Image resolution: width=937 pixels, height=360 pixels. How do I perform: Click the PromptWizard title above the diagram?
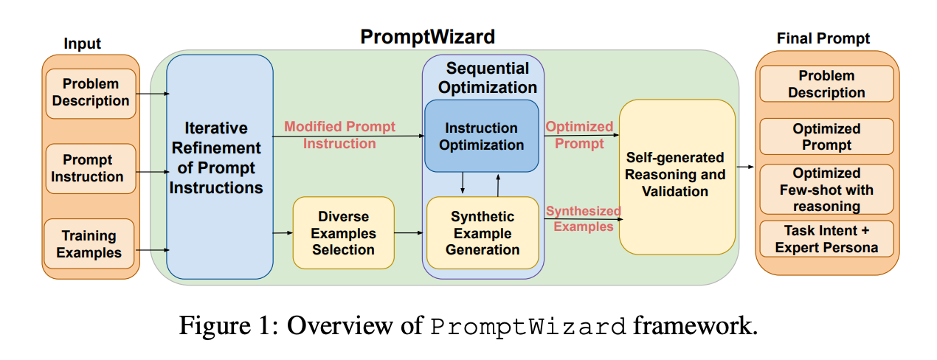click(427, 37)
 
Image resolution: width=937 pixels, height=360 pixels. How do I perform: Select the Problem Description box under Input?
click(91, 93)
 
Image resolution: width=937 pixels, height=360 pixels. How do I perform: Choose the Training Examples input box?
click(90, 244)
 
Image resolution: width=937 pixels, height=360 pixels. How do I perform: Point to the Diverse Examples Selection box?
click(343, 233)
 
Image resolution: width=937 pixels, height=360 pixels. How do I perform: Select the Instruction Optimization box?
click(481, 136)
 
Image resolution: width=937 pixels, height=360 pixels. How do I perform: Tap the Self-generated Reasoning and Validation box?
click(676, 175)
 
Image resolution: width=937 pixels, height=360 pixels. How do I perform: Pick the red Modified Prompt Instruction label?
click(339, 135)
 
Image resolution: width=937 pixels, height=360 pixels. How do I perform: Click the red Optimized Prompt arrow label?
click(579, 135)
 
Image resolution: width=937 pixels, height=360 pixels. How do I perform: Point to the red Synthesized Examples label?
click(583, 219)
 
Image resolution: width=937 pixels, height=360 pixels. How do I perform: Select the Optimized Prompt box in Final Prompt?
click(826, 137)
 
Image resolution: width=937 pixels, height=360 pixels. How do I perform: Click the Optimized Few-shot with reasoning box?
click(826, 190)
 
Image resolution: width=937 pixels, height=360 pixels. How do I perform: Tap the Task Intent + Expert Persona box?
click(826, 239)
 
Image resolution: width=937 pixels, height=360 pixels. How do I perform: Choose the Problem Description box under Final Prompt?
click(826, 84)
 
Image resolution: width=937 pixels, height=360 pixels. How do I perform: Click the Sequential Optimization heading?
click(488, 77)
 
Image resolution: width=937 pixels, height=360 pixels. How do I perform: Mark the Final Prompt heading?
click(823, 38)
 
